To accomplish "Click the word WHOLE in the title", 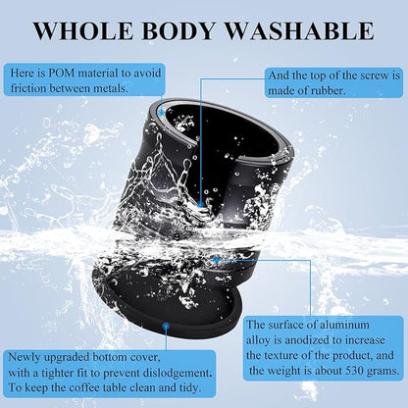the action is (x=83, y=30).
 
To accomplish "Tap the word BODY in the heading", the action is (x=178, y=30).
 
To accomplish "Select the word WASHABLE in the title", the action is (x=300, y=30).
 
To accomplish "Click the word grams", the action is (x=383, y=372).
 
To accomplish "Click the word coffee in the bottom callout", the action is (x=84, y=388).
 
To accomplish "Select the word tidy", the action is (x=190, y=388).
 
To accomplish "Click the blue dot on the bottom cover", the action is (x=166, y=326).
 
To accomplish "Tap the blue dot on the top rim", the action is (x=162, y=112).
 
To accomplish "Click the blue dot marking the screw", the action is (x=201, y=204).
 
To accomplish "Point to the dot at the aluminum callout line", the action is (x=216, y=260).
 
